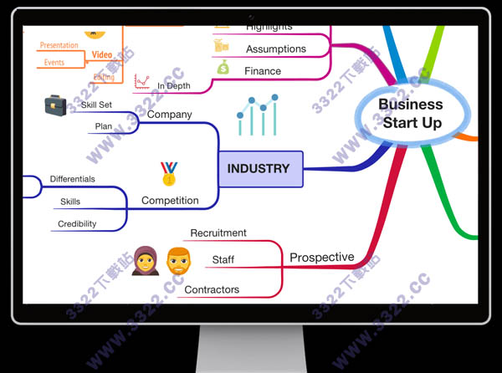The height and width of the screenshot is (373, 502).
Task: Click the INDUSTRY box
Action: [x=259, y=169]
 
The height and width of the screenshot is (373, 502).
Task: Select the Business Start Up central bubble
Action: [x=411, y=114]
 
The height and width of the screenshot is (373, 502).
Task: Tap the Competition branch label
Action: [x=170, y=201]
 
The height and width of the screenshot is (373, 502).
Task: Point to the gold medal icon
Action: [x=169, y=173]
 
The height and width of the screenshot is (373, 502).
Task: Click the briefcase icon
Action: [x=55, y=106]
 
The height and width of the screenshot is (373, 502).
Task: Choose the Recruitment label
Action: [x=218, y=233]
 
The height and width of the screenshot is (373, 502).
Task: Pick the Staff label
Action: [x=223, y=260]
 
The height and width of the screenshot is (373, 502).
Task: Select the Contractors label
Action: [x=212, y=289]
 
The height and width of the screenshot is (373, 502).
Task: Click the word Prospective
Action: [x=322, y=258]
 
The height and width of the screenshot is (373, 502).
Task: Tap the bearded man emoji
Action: [x=177, y=261]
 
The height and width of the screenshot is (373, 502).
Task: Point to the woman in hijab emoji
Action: [x=144, y=261]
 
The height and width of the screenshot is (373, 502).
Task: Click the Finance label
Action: [x=263, y=71]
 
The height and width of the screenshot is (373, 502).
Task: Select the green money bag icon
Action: [x=223, y=67]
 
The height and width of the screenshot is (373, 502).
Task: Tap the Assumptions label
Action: [x=276, y=49]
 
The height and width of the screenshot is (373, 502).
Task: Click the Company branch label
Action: [x=170, y=115]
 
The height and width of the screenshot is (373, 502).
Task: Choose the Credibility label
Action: [x=77, y=224]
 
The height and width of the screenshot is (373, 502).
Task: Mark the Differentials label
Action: [x=72, y=179]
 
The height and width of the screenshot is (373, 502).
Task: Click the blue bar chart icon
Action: [x=257, y=115]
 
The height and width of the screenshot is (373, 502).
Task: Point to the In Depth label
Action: [x=174, y=85]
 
